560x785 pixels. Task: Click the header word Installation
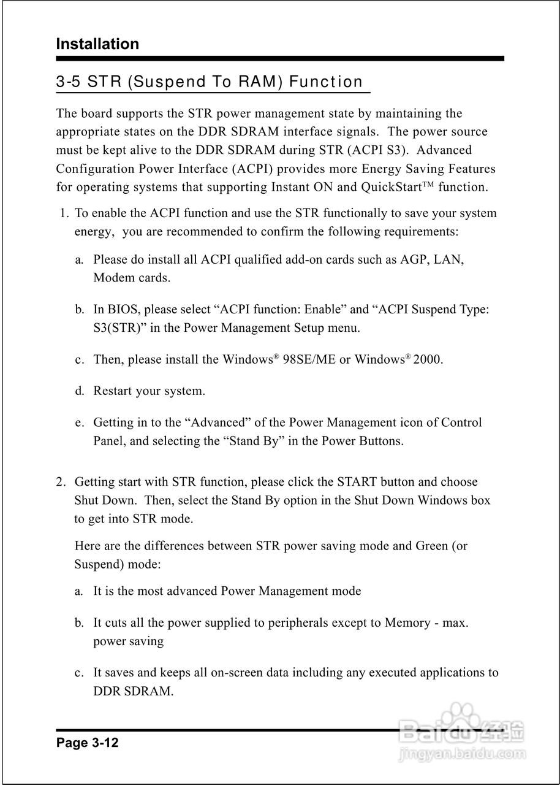click(97, 44)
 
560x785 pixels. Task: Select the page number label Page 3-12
click(87, 743)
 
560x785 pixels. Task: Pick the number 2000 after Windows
click(428, 359)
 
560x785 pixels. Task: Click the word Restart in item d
click(114, 391)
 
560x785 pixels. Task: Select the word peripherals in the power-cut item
click(290, 622)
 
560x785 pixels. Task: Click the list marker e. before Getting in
click(79, 423)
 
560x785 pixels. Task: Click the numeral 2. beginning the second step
click(61, 482)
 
